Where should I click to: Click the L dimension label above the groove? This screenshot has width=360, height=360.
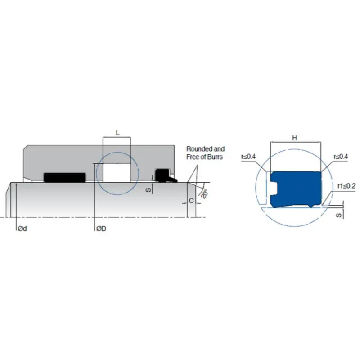click(117, 132)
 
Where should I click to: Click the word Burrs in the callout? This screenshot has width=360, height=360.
click(216, 157)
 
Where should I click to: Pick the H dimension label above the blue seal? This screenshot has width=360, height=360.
click(295, 138)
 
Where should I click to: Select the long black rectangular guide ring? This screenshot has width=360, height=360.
click(64, 178)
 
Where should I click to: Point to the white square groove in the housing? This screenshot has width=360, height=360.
click(117, 172)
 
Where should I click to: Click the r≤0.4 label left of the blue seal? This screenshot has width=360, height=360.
click(248, 157)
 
